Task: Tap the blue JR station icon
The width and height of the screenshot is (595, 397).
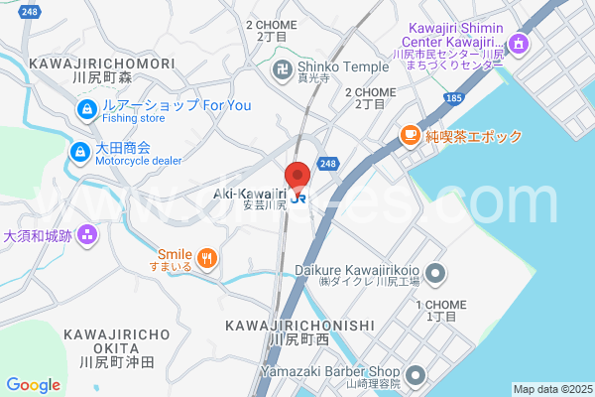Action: tap(298, 198)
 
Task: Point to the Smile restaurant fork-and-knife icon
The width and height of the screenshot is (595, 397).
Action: tap(206, 260)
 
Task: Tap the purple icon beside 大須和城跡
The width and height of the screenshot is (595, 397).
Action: tap(87, 236)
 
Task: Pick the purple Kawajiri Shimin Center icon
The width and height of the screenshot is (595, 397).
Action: tap(517, 45)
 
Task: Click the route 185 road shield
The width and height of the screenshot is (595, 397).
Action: tap(454, 98)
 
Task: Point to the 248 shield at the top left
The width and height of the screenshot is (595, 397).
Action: tap(30, 11)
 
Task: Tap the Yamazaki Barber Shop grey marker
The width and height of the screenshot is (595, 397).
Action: tap(416, 375)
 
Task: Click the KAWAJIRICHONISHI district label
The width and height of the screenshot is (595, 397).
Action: tap(299, 326)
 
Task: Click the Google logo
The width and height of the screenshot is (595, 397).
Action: tap(33, 385)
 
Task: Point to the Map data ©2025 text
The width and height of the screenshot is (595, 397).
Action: tap(551, 389)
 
